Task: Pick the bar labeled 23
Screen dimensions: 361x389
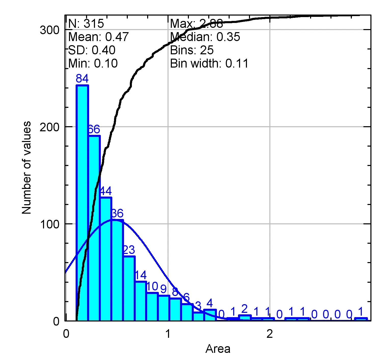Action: (x=129, y=288)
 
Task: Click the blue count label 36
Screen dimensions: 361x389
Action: (x=117, y=213)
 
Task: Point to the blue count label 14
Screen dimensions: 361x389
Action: (x=141, y=275)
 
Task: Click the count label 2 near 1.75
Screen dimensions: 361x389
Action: (x=244, y=309)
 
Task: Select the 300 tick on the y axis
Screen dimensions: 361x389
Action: (x=49, y=30)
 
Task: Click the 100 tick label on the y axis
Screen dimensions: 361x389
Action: (x=49, y=224)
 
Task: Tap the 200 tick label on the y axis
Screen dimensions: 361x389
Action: (x=49, y=127)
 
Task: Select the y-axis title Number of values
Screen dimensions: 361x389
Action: (x=26, y=168)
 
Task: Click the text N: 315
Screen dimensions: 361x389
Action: (x=86, y=24)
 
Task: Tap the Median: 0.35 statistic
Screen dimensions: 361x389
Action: (x=205, y=37)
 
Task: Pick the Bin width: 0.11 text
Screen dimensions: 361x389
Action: (x=209, y=63)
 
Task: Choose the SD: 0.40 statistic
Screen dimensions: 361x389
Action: (x=92, y=50)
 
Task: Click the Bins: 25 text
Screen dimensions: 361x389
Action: (x=192, y=50)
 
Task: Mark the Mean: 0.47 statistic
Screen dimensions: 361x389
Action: (x=98, y=37)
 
